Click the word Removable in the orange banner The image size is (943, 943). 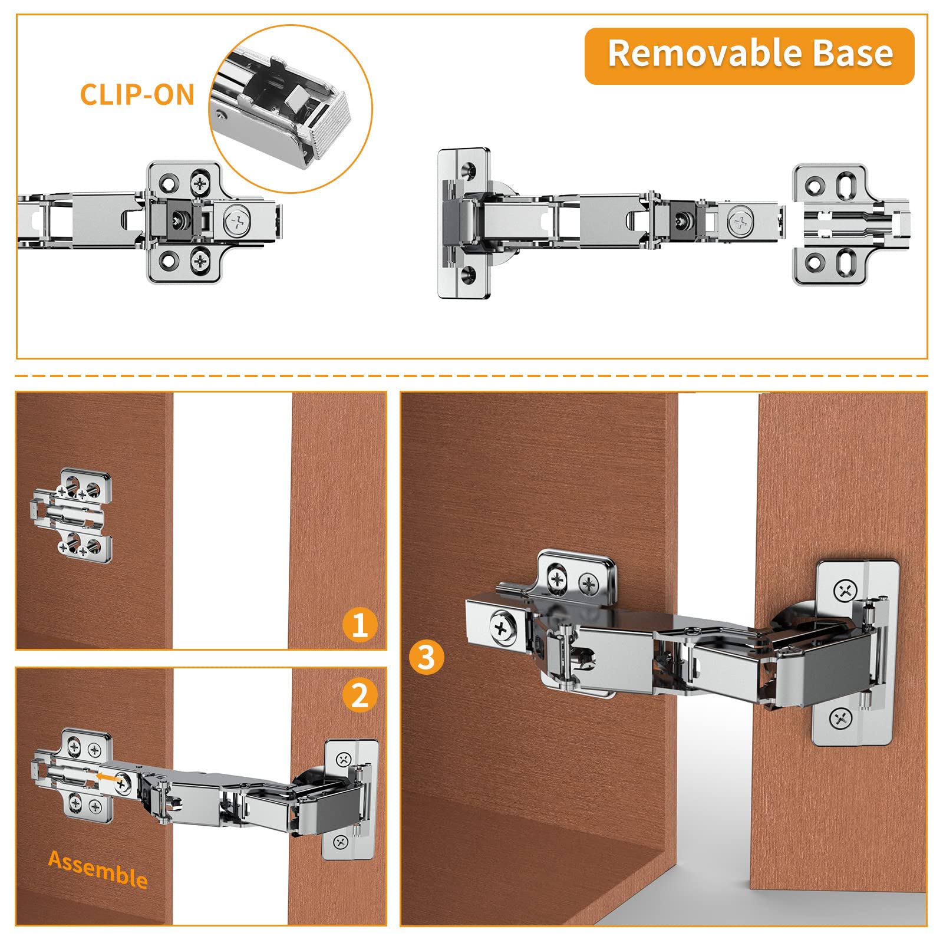[704, 54]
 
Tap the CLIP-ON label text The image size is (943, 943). [137, 95]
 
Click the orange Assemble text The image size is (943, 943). [98, 869]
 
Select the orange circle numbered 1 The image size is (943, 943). [360, 625]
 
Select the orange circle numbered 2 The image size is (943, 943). [360, 695]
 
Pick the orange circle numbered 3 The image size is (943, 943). [426, 657]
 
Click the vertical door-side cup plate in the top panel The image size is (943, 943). [464, 223]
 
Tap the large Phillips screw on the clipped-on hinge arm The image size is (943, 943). [238, 223]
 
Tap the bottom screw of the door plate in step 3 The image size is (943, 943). [840, 718]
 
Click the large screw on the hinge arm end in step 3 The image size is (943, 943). [502, 629]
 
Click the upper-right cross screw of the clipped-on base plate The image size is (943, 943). [201, 183]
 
